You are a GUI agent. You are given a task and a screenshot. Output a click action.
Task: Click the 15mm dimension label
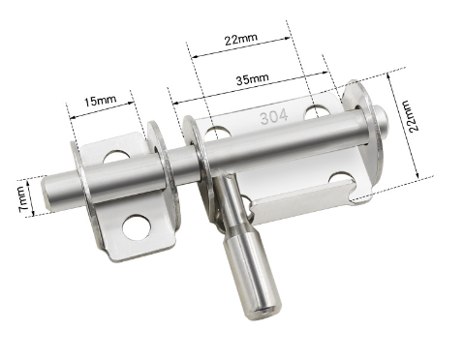click(101, 101)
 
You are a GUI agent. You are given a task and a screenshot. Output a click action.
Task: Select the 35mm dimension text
click(253, 78)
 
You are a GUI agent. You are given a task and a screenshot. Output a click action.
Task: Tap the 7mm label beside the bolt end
click(22, 199)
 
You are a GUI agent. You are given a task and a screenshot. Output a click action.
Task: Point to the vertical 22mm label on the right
click(414, 116)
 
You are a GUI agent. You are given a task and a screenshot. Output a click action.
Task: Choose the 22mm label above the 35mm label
click(241, 39)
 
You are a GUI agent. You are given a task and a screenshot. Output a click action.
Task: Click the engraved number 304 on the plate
click(274, 117)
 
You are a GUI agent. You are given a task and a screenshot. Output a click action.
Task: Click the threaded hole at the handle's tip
click(265, 312)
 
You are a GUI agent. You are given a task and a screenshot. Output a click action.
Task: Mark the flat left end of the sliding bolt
click(46, 193)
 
